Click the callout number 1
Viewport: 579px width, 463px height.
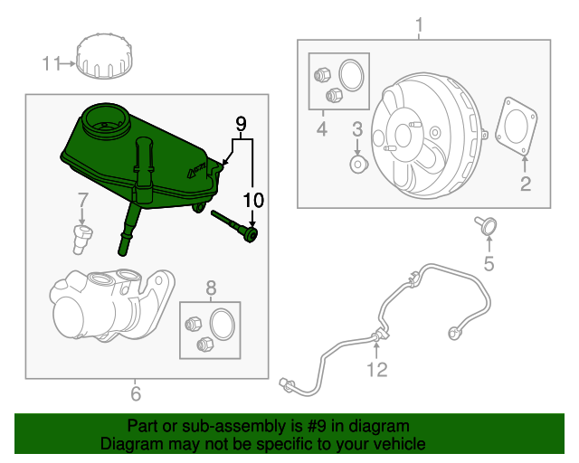pyautogui.click(x=419, y=24)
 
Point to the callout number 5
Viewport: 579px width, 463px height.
pyautogui.click(x=489, y=264)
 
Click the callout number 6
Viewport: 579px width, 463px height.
pyautogui.click(x=136, y=393)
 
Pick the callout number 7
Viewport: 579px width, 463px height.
pyautogui.click(x=81, y=199)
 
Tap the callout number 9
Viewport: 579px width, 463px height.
pyautogui.click(x=241, y=122)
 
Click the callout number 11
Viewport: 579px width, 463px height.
pyautogui.click(x=51, y=63)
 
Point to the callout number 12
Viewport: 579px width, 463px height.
pyautogui.click(x=376, y=368)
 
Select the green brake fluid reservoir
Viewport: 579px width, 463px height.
pyautogui.click(x=136, y=158)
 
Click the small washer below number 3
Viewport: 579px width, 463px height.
pyautogui.click(x=356, y=165)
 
